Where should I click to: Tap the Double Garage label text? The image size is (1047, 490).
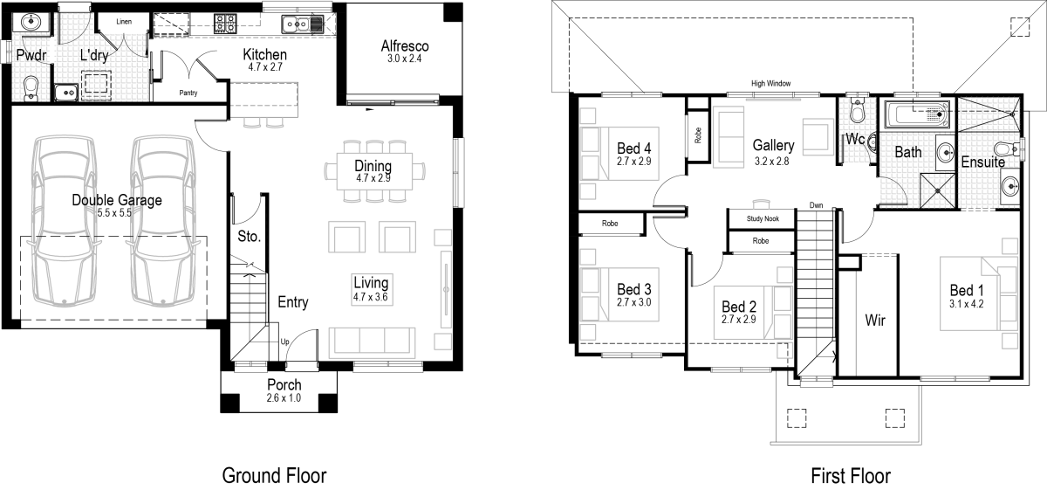click(x=117, y=200)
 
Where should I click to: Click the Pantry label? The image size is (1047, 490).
click(x=188, y=92)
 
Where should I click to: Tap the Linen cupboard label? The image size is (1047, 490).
click(x=124, y=21)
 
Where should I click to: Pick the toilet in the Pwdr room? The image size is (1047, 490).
click(x=31, y=86)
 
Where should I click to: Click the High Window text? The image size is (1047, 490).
click(x=770, y=83)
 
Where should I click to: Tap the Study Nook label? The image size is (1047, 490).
click(x=762, y=219)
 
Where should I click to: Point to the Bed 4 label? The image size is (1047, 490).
click(x=634, y=148)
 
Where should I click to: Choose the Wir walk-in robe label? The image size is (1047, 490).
click(x=875, y=321)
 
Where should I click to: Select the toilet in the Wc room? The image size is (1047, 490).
click(x=856, y=113)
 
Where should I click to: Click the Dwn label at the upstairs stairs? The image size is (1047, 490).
click(x=816, y=205)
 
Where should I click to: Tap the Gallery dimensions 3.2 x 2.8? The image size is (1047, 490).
click(x=772, y=161)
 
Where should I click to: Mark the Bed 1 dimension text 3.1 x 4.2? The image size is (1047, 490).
click(x=968, y=305)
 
